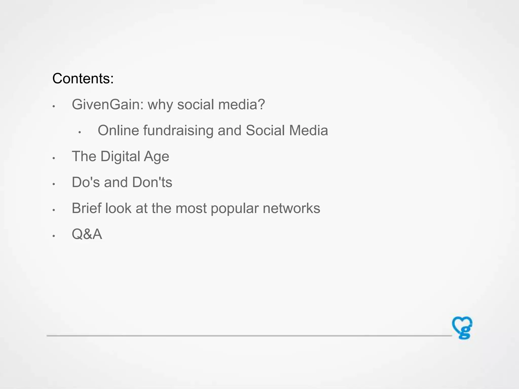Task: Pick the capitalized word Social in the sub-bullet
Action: (265, 130)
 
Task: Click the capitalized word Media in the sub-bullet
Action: (308, 130)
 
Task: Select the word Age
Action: (156, 156)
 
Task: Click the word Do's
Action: (86, 182)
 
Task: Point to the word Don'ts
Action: (152, 182)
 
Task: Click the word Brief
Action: (86, 208)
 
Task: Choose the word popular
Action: (235, 209)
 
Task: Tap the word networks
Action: (291, 208)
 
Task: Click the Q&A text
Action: (87, 234)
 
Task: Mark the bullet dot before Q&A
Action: (54, 236)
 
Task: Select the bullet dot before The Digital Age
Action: (54, 158)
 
